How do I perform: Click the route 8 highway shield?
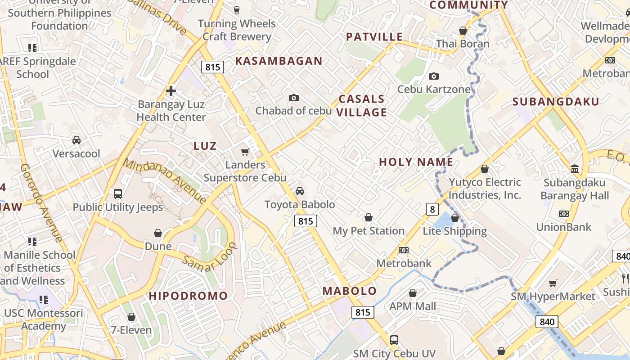tap(432, 209)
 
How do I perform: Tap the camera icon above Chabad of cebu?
tap(293, 98)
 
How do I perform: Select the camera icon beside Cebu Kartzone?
tap(434, 76)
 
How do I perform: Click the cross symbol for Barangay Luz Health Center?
tap(171, 91)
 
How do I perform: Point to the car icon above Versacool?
tap(76, 140)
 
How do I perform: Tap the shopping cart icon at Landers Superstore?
tap(245, 152)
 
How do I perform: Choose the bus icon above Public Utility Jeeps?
tap(118, 194)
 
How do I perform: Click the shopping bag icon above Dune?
tap(158, 233)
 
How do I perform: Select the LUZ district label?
tap(205, 146)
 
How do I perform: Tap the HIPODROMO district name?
tap(189, 296)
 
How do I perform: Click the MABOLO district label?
tap(349, 291)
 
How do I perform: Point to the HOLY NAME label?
tap(416, 162)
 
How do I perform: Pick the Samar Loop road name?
tap(210, 257)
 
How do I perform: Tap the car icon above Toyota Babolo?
tap(300, 191)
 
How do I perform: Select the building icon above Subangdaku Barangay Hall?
tap(575, 169)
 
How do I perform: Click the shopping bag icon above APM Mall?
tap(413, 293)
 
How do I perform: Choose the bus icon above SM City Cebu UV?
tap(394, 340)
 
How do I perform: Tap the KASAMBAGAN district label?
tap(279, 61)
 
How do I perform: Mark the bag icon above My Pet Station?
tap(369, 218)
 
